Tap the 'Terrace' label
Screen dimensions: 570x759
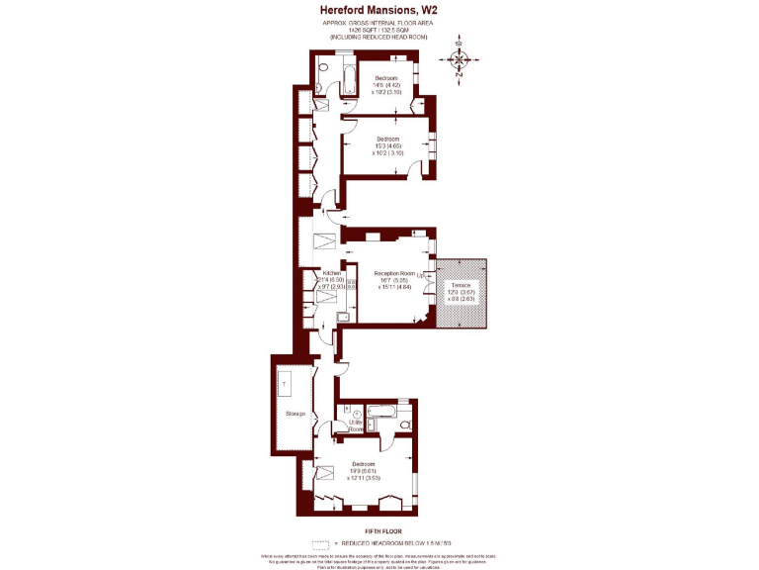pyautogui.click(x=462, y=285)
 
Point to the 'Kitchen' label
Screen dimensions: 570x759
pyautogui.click(x=332, y=272)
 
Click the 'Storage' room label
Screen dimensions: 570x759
pyautogui.click(x=295, y=413)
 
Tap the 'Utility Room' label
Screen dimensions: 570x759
pyautogui.click(x=355, y=427)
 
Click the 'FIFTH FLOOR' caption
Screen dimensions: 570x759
pyautogui.click(x=379, y=531)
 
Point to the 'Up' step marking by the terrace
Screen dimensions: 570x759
pyautogui.click(x=421, y=275)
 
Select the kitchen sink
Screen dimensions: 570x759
pyautogui.click(x=343, y=318)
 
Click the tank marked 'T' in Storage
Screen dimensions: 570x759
pyautogui.click(x=285, y=382)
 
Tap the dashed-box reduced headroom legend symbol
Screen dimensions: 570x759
pyautogui.click(x=319, y=544)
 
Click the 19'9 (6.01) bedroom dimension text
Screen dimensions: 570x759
pyautogui.click(x=365, y=470)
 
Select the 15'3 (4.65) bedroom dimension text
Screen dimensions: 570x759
pyautogui.click(x=387, y=145)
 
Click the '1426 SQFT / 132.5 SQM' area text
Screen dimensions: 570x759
pyautogui.click(x=379, y=30)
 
